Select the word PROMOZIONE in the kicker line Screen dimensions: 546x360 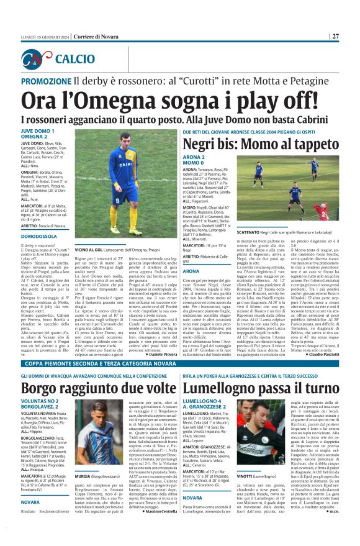pyautogui.click(x=46, y=82)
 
